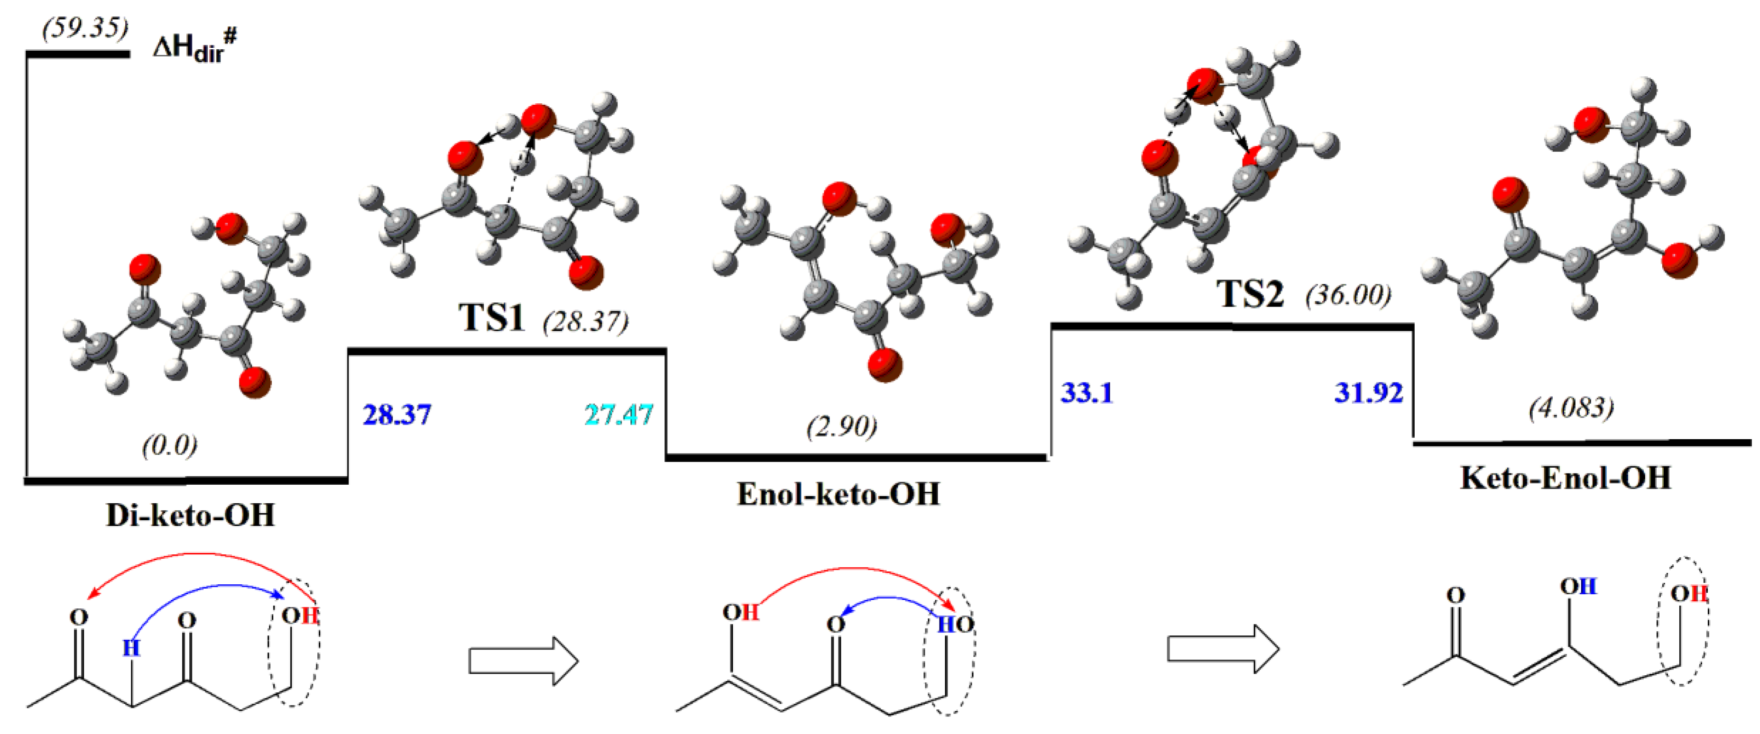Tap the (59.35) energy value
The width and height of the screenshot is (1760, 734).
pos(85,28)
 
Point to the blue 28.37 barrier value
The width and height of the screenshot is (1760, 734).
pos(397,415)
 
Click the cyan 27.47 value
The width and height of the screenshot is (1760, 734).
pos(619,415)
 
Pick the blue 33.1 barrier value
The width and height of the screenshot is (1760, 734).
pos(1087,393)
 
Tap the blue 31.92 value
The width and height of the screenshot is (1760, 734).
pos(1369,393)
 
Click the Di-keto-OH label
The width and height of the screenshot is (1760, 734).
pos(190,515)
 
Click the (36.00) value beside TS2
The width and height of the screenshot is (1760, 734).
pos(1348,295)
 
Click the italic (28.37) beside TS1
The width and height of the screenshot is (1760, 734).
pos(586,320)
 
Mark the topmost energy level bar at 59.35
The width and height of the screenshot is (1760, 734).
pos(77,53)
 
